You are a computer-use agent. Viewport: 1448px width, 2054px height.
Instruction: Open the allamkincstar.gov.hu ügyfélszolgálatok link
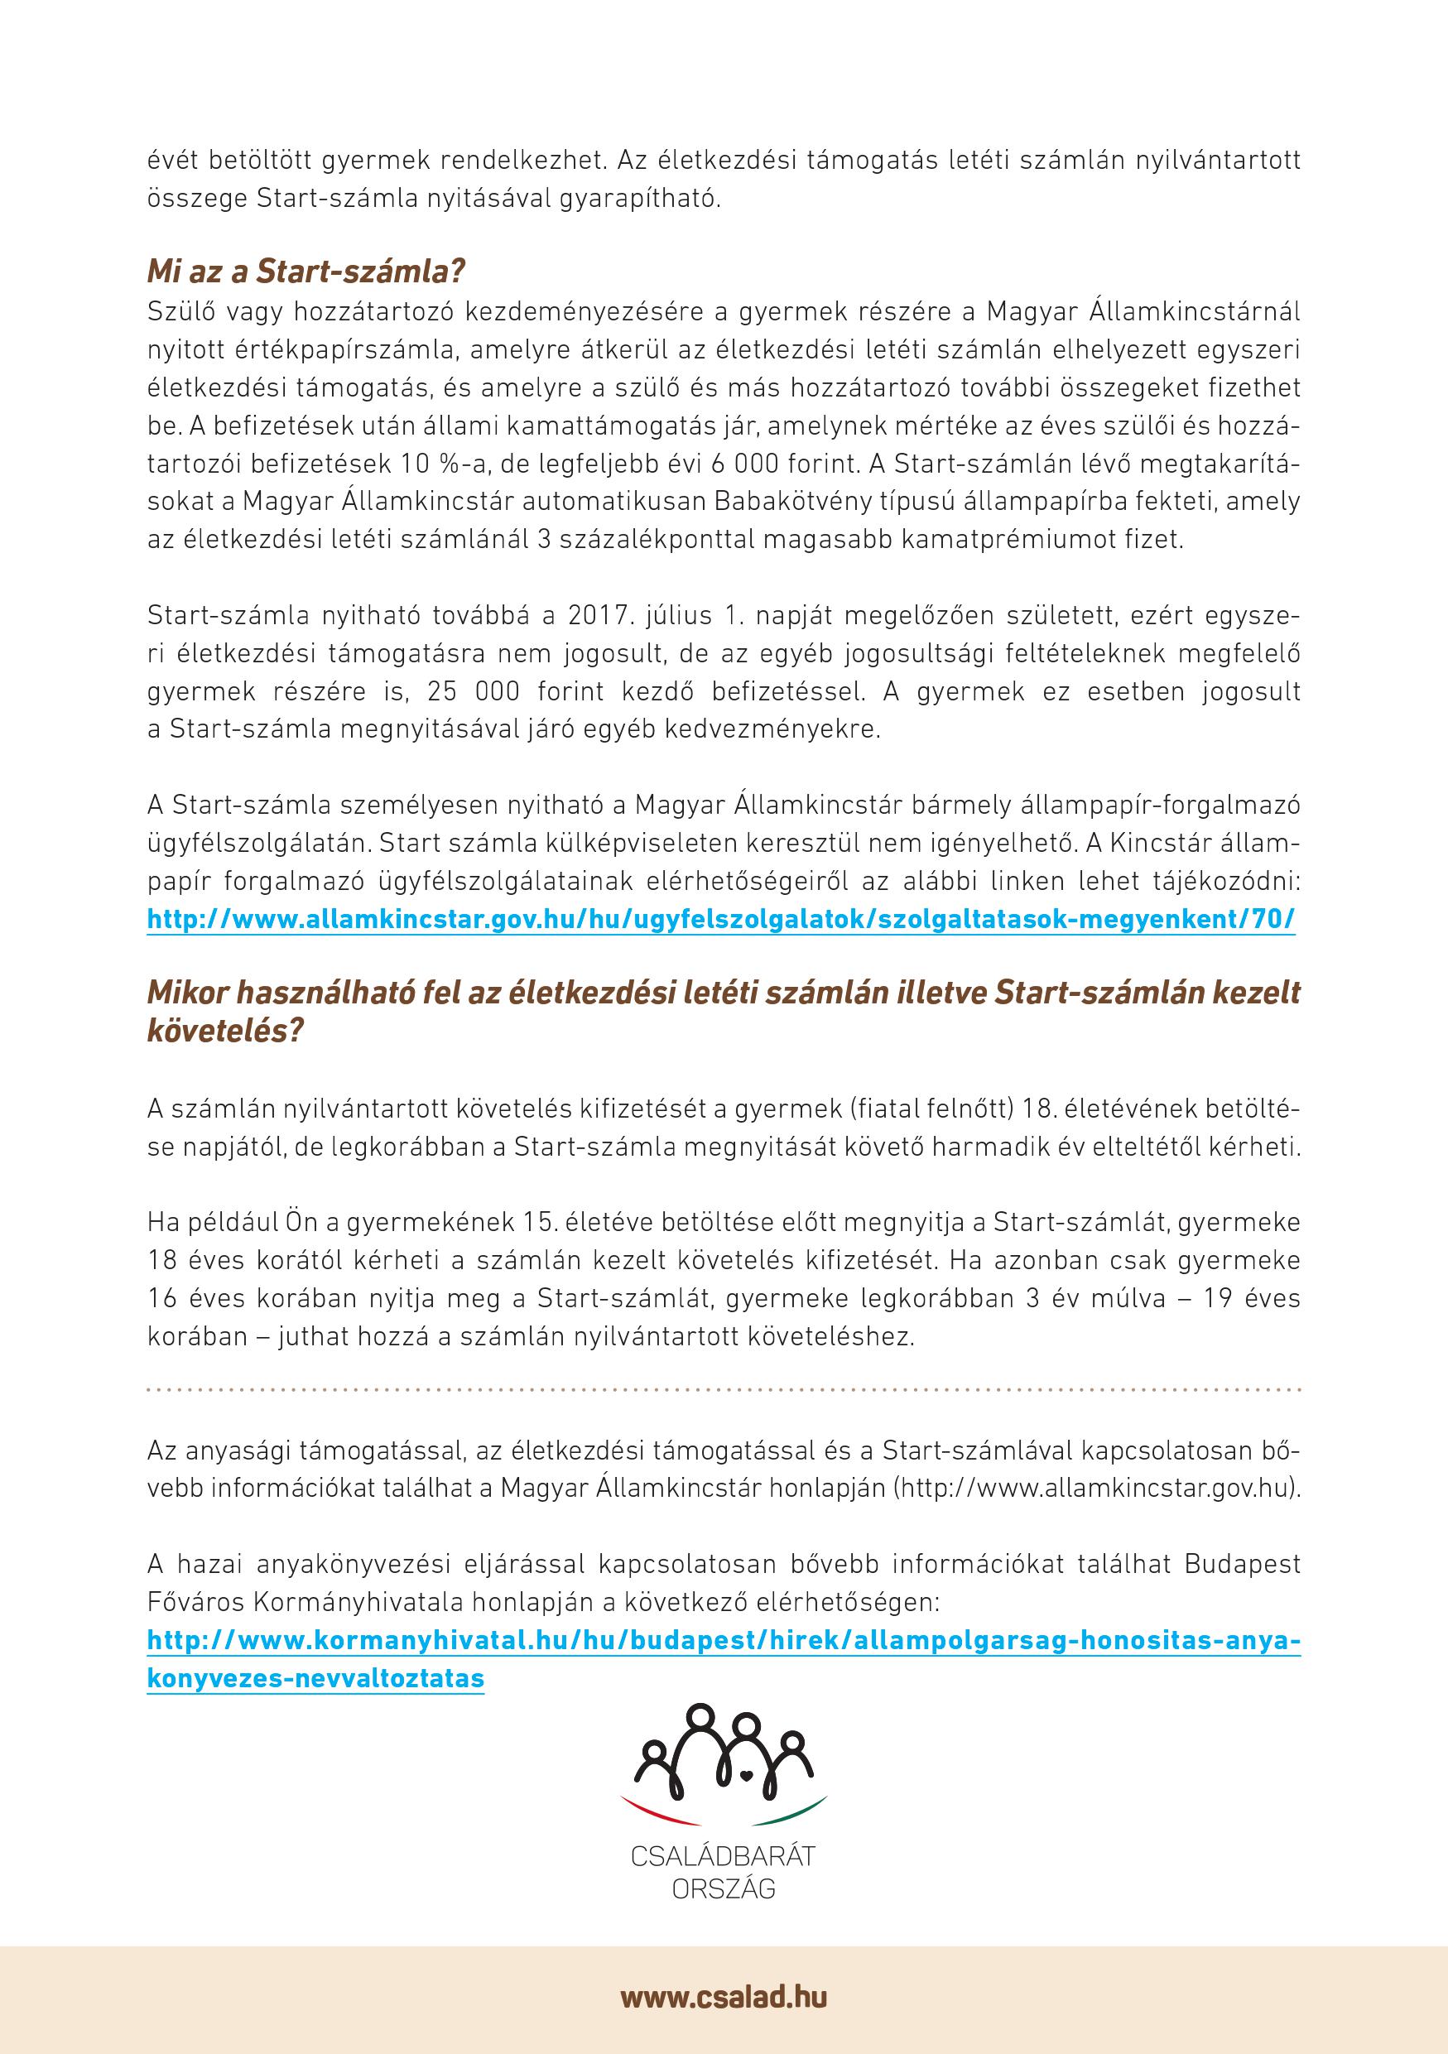coord(721,920)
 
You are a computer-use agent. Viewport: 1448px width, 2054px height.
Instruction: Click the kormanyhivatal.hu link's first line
coord(724,1642)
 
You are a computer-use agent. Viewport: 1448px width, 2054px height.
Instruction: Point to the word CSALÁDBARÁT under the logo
coord(723,1856)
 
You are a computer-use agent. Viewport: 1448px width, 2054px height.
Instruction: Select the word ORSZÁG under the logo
coord(723,1888)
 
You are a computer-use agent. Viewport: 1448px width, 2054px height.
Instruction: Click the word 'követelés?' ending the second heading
coord(225,1031)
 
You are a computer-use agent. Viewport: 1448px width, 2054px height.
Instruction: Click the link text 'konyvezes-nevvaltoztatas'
coord(315,1678)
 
